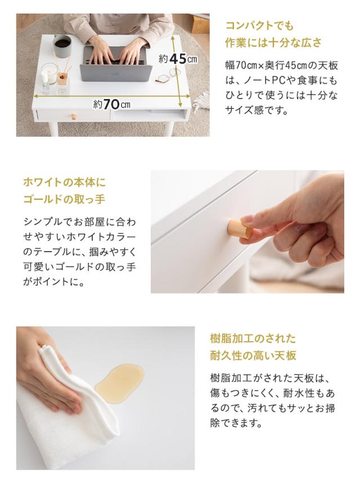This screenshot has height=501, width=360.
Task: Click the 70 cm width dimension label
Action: point(112,104)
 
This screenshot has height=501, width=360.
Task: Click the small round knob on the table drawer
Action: point(73,117)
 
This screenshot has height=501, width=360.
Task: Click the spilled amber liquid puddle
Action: point(119,379)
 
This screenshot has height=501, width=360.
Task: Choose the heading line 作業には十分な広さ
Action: point(273,43)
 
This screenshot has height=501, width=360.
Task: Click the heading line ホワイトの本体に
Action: point(64,182)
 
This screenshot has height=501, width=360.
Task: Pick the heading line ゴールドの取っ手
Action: point(64,199)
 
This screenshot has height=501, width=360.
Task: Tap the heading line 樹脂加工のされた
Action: point(253,339)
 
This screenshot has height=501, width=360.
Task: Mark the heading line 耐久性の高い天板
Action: point(253,356)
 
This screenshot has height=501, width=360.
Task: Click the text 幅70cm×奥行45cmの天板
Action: point(281,66)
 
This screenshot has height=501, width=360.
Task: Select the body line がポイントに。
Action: point(54,282)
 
